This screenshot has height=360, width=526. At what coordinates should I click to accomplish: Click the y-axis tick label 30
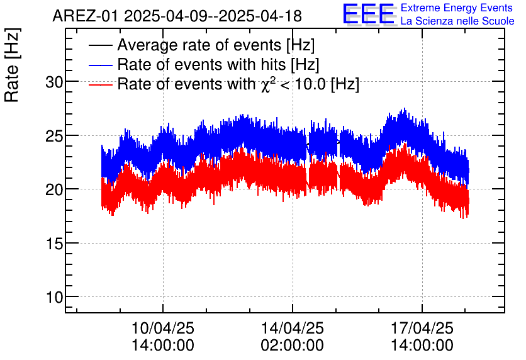55,82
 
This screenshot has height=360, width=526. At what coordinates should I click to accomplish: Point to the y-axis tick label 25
55,135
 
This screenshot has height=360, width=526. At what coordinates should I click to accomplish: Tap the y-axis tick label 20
55,189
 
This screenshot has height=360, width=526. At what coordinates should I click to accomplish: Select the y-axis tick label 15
55,243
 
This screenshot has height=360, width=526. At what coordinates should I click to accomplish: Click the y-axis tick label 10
55,296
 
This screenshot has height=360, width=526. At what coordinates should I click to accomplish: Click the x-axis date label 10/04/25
163,328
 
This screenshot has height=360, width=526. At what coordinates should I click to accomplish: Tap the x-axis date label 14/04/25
292,328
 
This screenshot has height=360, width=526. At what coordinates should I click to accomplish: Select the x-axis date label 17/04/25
421,328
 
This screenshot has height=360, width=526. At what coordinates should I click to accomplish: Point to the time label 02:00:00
292,346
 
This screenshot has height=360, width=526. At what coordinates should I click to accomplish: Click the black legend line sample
101,45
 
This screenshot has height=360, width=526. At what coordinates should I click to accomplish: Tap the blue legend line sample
101,65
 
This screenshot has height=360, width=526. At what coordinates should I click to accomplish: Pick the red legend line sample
101,84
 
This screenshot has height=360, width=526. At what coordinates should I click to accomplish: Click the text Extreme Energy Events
457,8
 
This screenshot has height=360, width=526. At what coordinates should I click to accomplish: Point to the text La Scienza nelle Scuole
457,21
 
